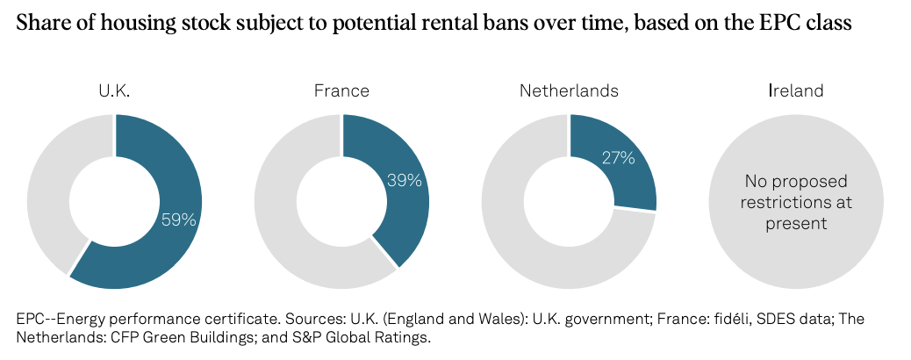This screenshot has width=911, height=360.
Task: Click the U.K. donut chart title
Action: pos(113,90)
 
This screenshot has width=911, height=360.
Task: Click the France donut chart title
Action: pos(341,90)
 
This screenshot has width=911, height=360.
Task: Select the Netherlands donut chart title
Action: pos(569,90)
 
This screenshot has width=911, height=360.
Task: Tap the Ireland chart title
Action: pos(796,90)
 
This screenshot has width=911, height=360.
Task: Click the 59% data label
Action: pos(178,220)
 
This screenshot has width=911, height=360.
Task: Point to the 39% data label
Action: pos(405,180)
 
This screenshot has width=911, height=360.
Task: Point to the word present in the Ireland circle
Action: pos(796,223)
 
